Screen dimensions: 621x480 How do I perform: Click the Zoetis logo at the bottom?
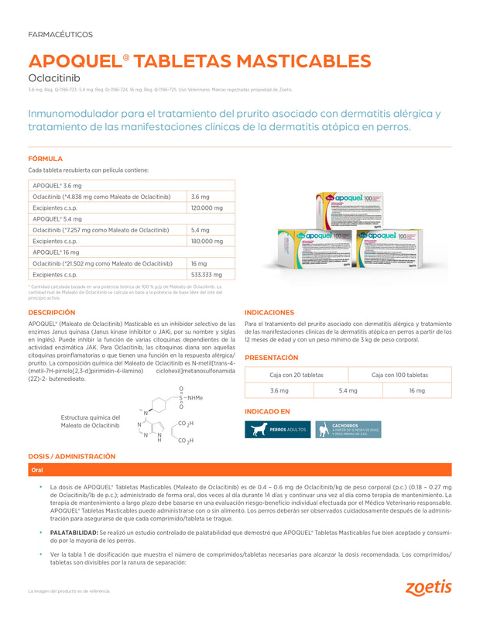(x=428, y=588)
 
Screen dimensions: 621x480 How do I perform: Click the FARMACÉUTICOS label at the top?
(x=60, y=35)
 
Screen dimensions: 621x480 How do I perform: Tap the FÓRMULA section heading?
(x=45, y=159)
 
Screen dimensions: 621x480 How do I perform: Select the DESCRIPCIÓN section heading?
(x=52, y=312)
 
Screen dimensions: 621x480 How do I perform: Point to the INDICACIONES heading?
(x=269, y=312)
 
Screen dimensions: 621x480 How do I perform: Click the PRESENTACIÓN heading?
(x=271, y=358)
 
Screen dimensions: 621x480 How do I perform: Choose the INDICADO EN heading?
(x=267, y=411)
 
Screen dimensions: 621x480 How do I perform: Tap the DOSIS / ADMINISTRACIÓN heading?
(x=72, y=456)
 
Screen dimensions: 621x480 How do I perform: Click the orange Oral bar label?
(x=37, y=470)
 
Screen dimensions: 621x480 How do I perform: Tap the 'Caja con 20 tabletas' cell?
(x=297, y=375)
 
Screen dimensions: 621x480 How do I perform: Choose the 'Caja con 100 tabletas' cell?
(x=399, y=375)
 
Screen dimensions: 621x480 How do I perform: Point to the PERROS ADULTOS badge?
(x=277, y=429)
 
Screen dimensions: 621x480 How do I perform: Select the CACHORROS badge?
(x=348, y=429)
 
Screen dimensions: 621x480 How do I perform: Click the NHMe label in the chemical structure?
(x=195, y=397)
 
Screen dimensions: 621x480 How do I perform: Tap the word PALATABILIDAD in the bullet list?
(x=74, y=534)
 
